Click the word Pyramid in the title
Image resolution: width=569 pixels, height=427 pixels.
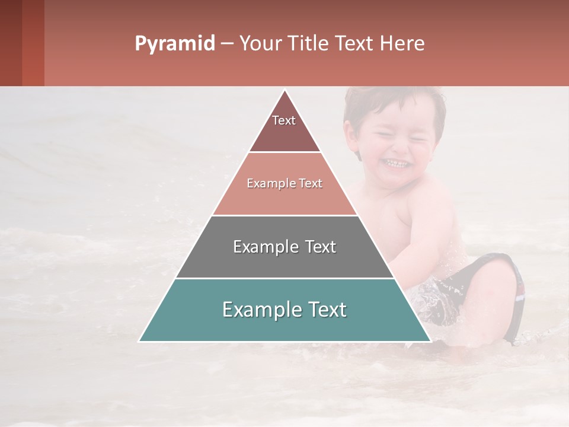tap(174, 44)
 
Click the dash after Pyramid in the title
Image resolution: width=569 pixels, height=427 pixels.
tap(226, 44)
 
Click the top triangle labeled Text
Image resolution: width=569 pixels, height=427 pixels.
tap(284, 128)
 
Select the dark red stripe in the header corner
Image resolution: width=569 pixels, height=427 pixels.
tap(11, 43)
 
